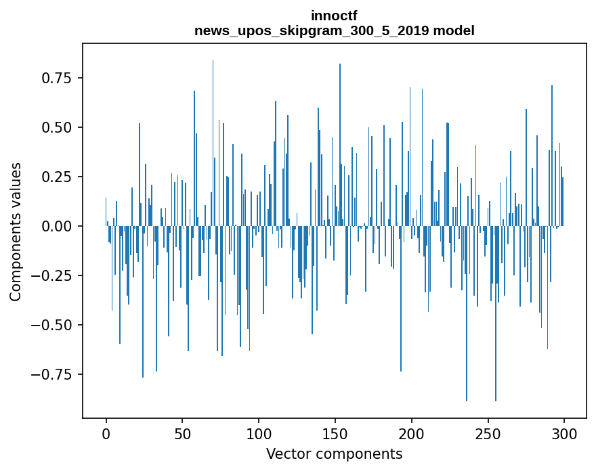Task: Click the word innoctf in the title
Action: (334, 16)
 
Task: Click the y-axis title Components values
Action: (16, 231)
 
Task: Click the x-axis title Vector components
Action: (334, 454)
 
